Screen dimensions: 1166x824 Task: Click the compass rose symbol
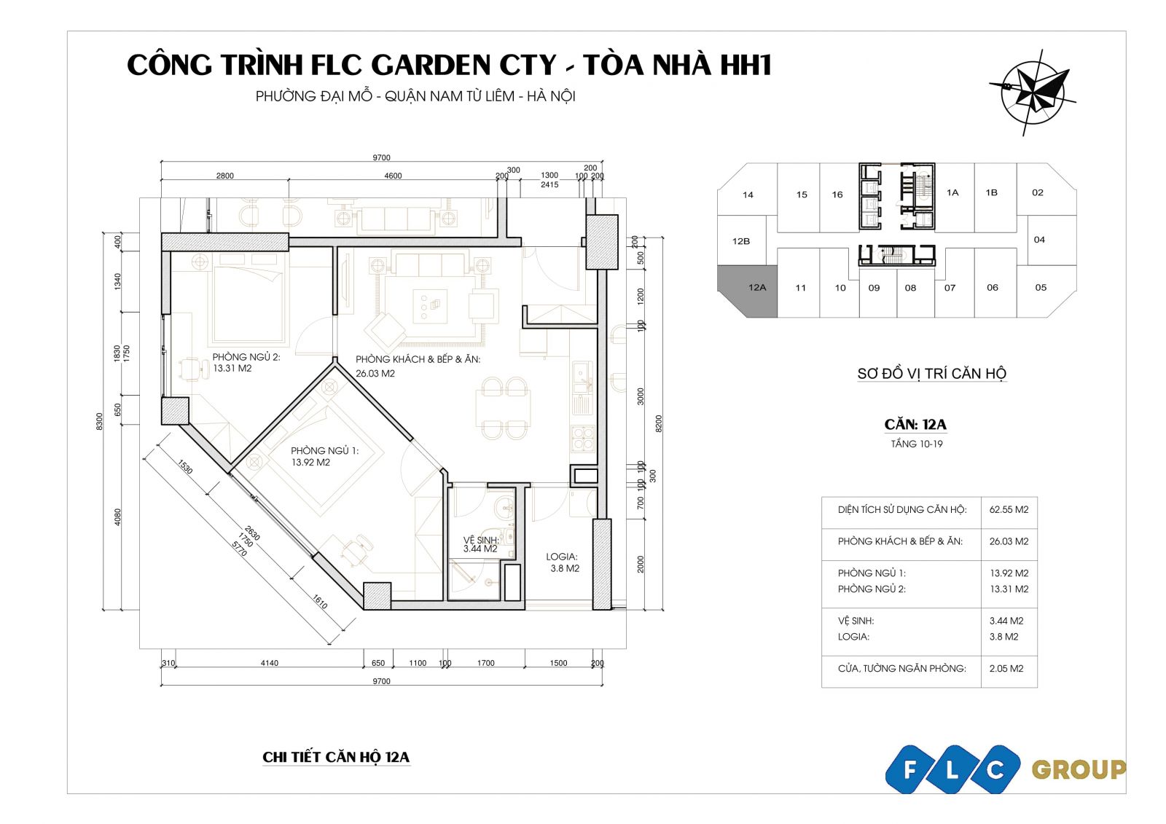(x=1033, y=93)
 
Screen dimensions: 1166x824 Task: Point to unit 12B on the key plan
(x=741, y=241)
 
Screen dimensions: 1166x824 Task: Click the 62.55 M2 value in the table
(x=1009, y=509)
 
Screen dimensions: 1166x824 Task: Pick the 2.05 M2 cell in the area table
(x=1006, y=668)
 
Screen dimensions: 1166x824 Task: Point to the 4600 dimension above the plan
(x=393, y=176)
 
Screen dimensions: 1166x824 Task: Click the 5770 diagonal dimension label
(x=240, y=548)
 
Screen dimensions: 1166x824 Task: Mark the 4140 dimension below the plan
(x=269, y=663)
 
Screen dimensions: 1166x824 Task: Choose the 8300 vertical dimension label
(x=99, y=421)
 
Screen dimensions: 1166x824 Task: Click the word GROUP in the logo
(x=1079, y=770)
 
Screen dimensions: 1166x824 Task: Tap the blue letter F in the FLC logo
(x=910, y=769)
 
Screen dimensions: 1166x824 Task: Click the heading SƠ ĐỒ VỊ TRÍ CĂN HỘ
(x=932, y=373)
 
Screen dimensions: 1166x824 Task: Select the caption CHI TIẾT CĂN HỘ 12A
(x=336, y=757)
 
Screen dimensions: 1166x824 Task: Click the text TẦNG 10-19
(x=917, y=444)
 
